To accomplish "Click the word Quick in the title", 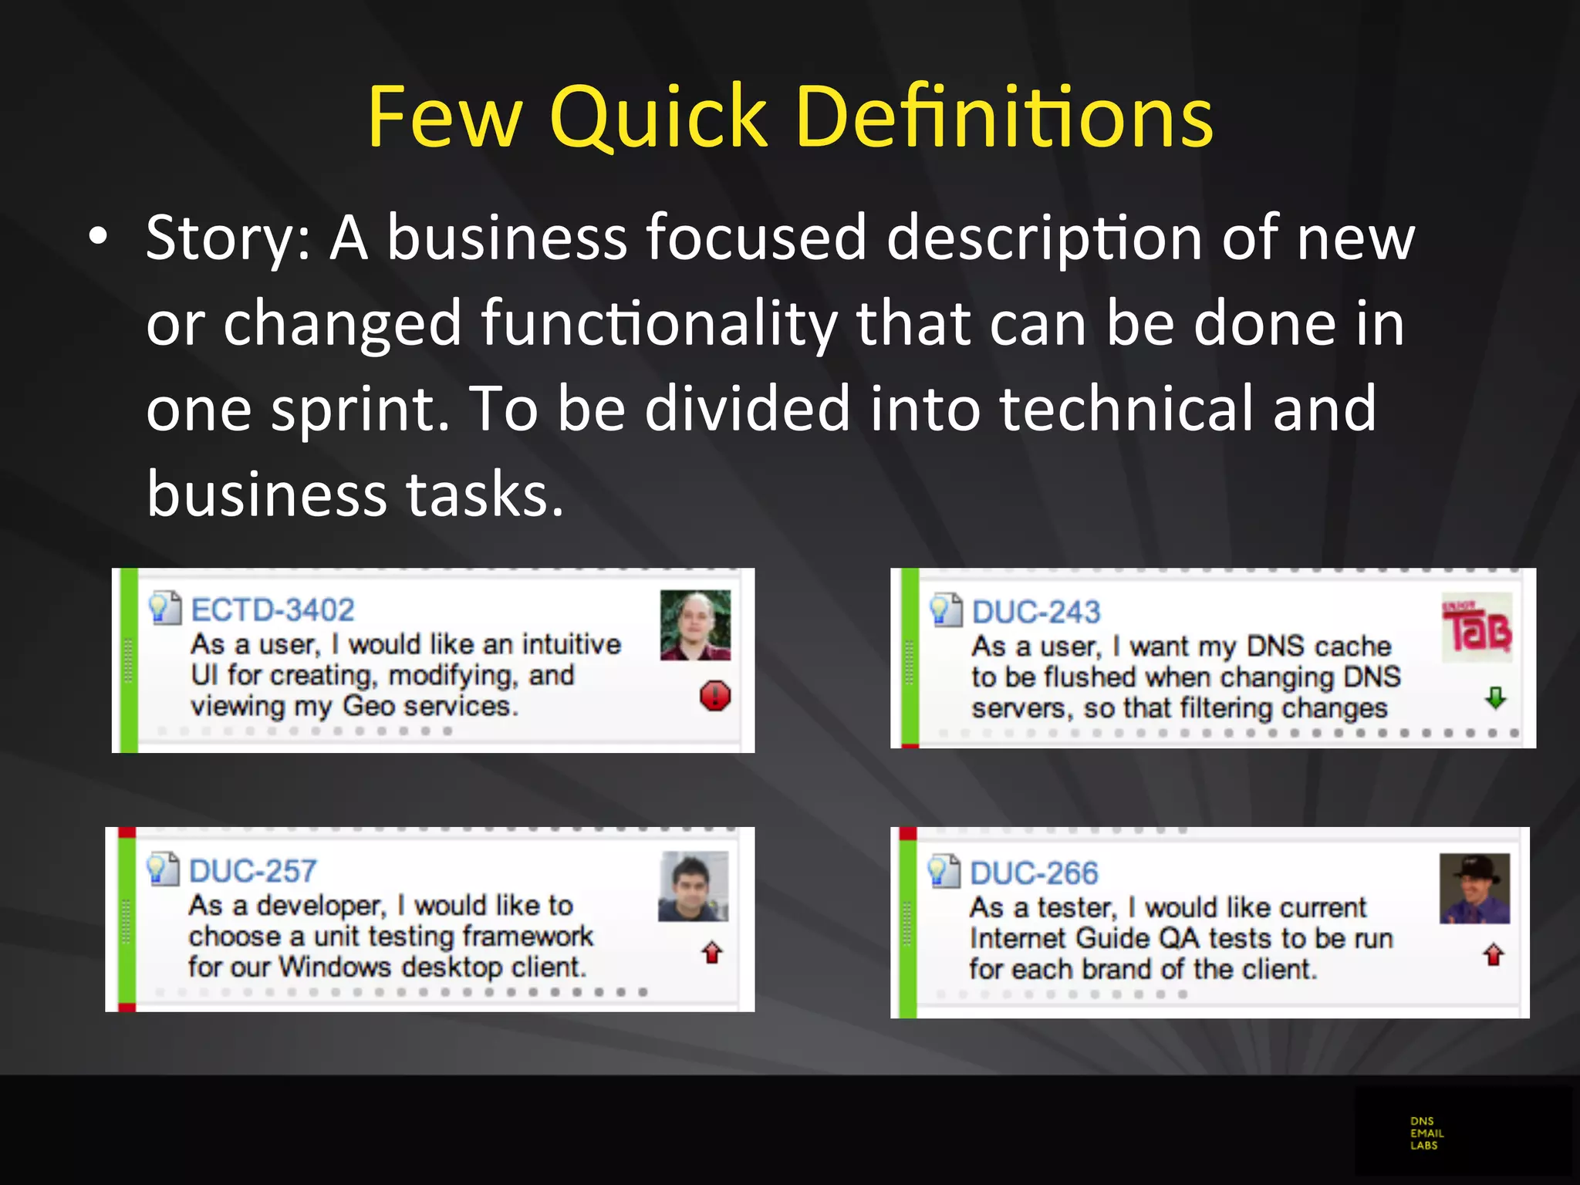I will [x=657, y=117].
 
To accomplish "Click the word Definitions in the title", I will [x=1004, y=117].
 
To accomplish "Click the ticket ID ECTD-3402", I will [x=272, y=610].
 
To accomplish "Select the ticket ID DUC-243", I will [x=1035, y=613].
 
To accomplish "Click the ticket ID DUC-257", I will [x=252, y=872].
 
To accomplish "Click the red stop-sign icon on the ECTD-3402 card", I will [x=715, y=696].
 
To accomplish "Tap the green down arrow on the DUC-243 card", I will [x=1495, y=698].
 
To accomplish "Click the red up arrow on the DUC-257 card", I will [x=712, y=954].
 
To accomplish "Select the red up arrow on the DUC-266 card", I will [x=1494, y=955].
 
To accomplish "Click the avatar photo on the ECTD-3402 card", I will [x=695, y=625].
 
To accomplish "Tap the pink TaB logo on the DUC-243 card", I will [x=1477, y=628].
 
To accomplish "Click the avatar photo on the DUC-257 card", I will [x=693, y=886].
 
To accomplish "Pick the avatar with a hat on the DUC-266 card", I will [x=1474, y=888].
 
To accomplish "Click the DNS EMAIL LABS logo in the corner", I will [x=1426, y=1133].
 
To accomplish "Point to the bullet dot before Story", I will [x=98, y=238].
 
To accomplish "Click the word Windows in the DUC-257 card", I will [x=335, y=967].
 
